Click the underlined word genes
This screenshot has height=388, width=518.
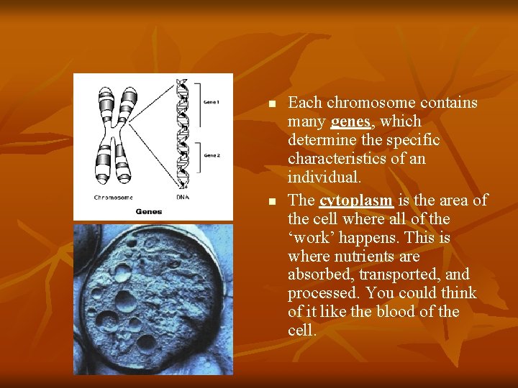(x=350, y=121)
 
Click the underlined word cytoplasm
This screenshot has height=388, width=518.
(x=356, y=200)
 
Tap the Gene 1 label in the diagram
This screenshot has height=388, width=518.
(x=212, y=103)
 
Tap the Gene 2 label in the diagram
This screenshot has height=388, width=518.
(x=212, y=155)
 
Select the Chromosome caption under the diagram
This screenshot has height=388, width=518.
(x=113, y=197)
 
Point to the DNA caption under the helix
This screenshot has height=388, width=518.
(x=183, y=197)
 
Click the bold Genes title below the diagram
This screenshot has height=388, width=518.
(x=149, y=211)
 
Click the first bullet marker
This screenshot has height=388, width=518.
(x=271, y=104)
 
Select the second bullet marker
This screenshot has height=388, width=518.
(x=271, y=202)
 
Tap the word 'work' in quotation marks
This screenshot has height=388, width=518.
(x=309, y=238)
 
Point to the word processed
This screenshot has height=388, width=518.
(x=324, y=293)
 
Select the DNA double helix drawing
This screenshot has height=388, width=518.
(x=183, y=133)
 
